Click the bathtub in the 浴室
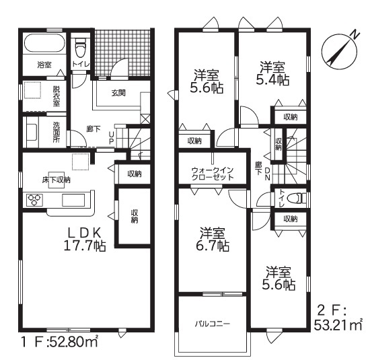click(x=44, y=44)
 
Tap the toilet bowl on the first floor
click(x=80, y=48)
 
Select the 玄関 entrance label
click(x=118, y=93)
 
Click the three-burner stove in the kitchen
click(x=34, y=200)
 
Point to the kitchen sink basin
click(x=73, y=200)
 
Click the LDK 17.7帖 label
click(x=85, y=239)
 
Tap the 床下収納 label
click(x=57, y=180)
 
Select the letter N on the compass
click(x=355, y=34)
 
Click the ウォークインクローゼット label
click(x=213, y=174)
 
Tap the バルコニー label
click(x=213, y=324)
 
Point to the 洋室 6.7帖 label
click(x=213, y=239)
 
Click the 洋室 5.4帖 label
click(x=272, y=73)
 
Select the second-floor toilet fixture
click(x=298, y=198)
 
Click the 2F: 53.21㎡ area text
click(x=338, y=318)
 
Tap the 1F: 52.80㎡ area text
click(x=60, y=342)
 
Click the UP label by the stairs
click(x=112, y=137)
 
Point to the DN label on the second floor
click(x=267, y=174)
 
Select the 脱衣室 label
click(x=57, y=96)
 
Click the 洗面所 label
click(x=57, y=132)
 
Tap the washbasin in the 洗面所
click(x=32, y=132)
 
